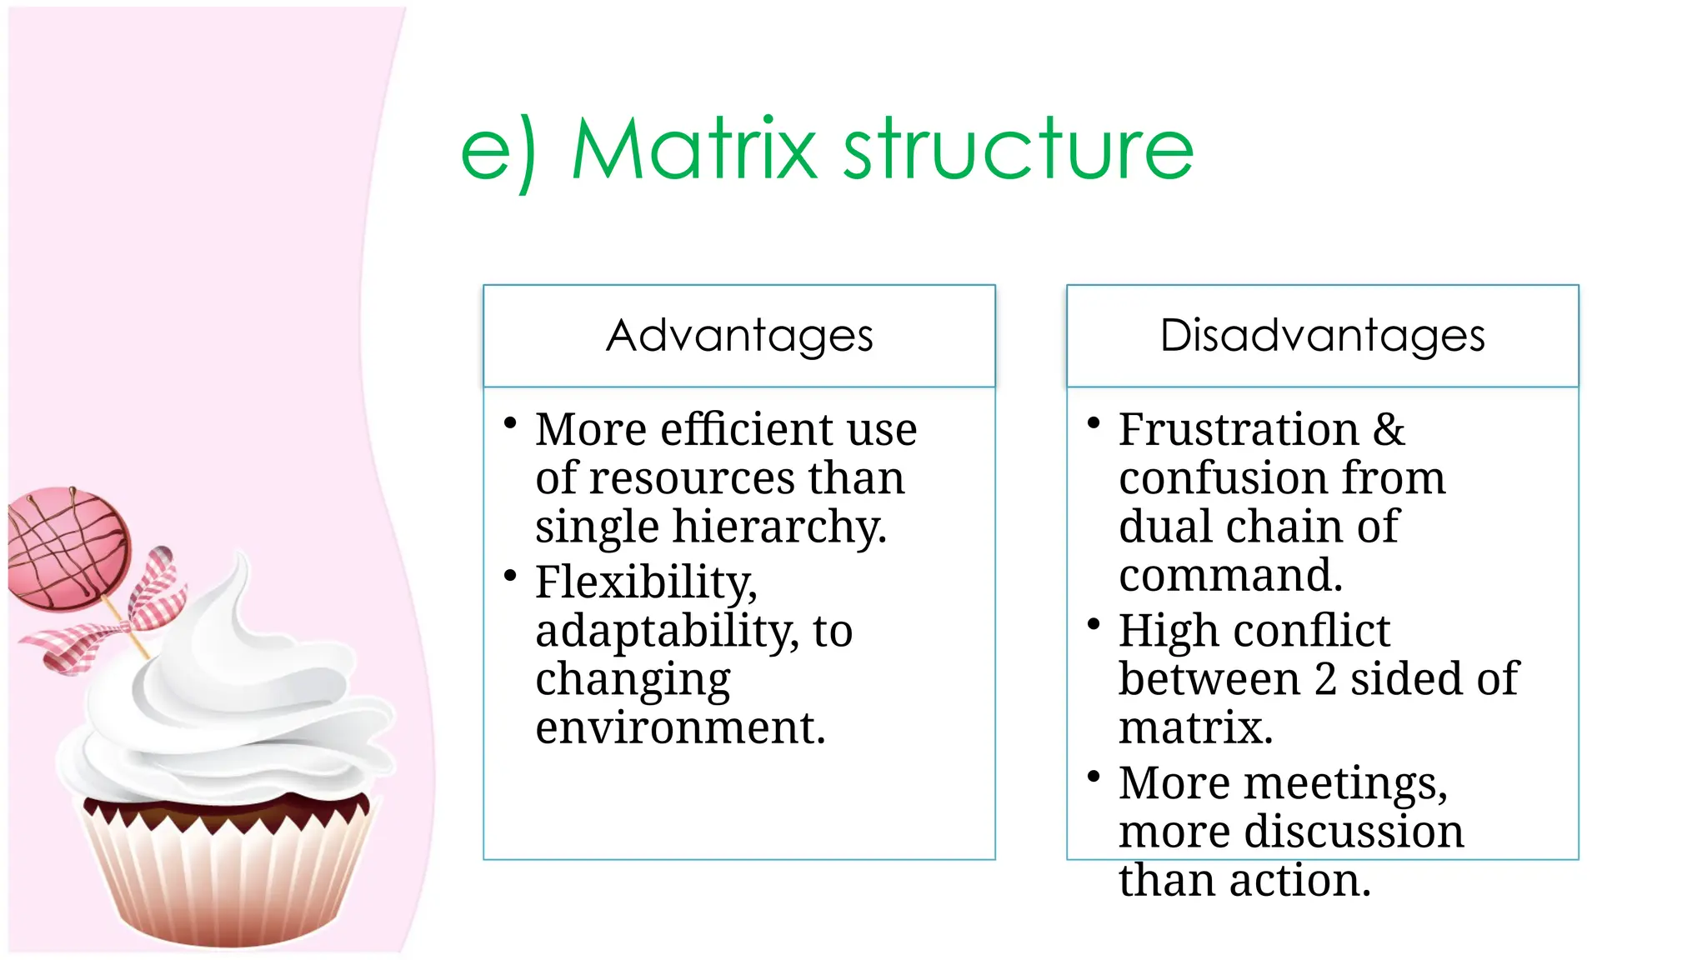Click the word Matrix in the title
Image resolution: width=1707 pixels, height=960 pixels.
tap(694, 150)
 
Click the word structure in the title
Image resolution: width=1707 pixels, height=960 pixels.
tap(1019, 150)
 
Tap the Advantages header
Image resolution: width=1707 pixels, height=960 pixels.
tap(739, 336)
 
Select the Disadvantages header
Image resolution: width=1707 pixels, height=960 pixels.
tap(1322, 336)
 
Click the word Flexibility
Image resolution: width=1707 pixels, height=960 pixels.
tap(646, 582)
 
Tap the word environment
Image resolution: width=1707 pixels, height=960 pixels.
tap(680, 727)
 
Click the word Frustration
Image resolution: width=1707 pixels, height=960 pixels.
tap(1239, 430)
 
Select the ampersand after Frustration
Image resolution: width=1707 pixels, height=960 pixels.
tap(1389, 430)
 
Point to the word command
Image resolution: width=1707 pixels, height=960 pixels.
tap(1230, 576)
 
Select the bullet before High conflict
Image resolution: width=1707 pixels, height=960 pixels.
tap(1094, 624)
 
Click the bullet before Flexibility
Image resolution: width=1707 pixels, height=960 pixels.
tap(511, 576)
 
